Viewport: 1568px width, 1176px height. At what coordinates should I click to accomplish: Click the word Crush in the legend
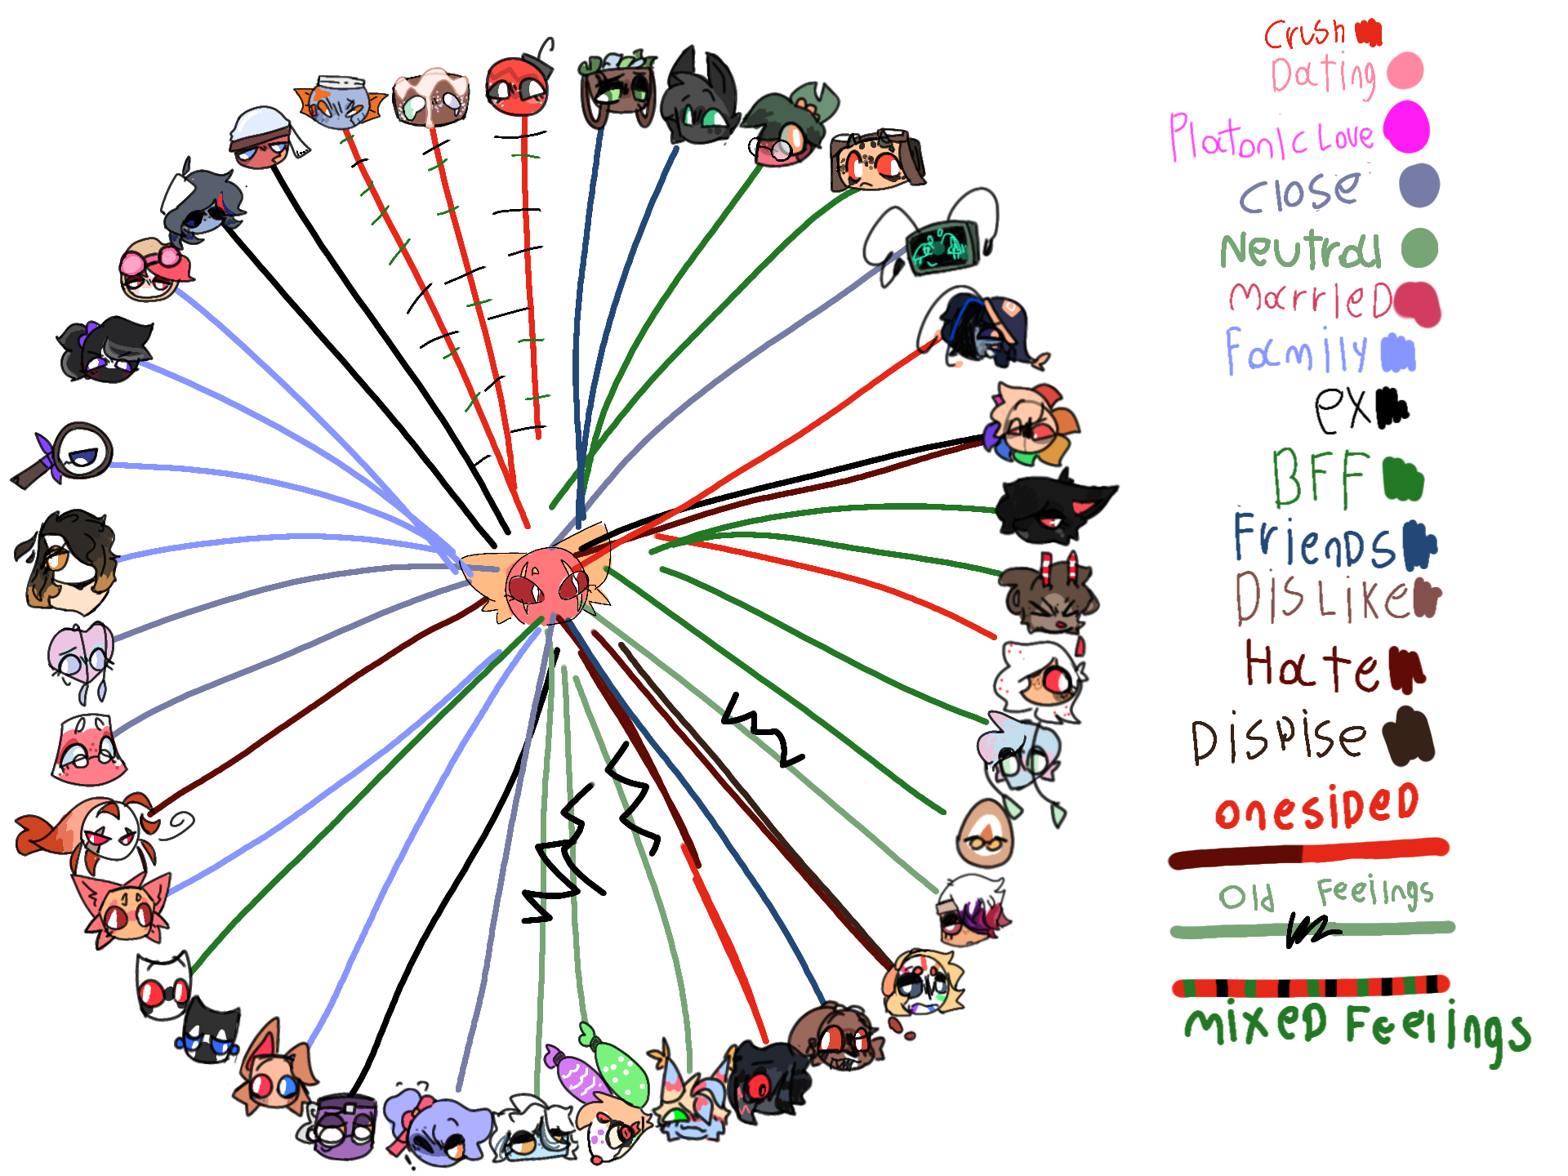coord(1304,33)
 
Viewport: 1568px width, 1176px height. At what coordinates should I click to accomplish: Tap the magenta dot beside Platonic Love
coord(1405,127)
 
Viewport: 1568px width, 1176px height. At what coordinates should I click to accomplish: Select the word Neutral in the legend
coord(1300,250)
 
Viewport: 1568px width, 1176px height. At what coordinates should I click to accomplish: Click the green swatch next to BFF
coord(1403,479)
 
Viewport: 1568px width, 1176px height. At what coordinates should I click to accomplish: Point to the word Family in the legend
coord(1296,352)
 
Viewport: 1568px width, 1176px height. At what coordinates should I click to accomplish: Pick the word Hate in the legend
coord(1312,666)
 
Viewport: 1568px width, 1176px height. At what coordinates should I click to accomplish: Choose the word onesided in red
coord(1316,807)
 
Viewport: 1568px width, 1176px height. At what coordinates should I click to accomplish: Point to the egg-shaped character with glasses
coord(986,833)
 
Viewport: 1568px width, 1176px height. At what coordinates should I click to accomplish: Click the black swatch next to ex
coord(1392,408)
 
